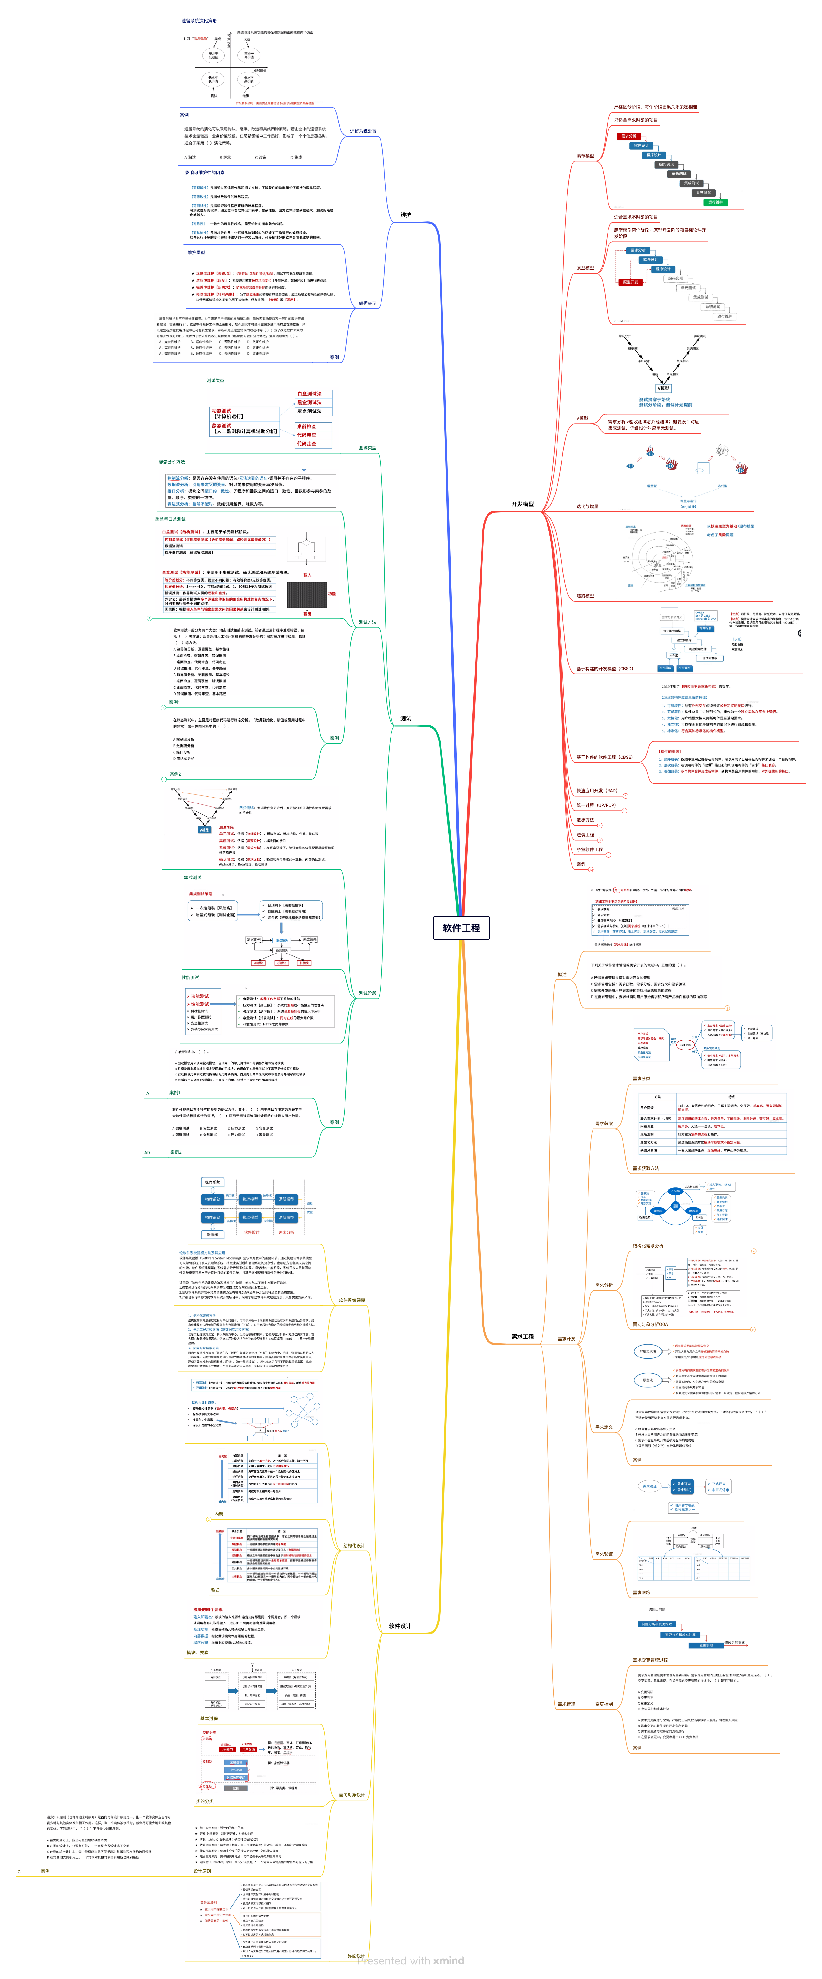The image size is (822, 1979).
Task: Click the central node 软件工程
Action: [x=461, y=927]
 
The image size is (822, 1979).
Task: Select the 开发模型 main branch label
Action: [x=522, y=504]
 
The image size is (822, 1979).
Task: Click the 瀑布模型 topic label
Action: [x=585, y=156]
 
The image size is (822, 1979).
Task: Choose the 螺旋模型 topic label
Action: [x=585, y=595]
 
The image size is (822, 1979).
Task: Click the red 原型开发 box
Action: [x=630, y=282]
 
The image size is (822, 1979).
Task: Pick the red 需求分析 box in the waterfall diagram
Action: [x=628, y=136]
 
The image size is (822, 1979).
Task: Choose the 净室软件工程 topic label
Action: [x=589, y=849]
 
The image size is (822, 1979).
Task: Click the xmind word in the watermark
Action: [x=449, y=1960]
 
